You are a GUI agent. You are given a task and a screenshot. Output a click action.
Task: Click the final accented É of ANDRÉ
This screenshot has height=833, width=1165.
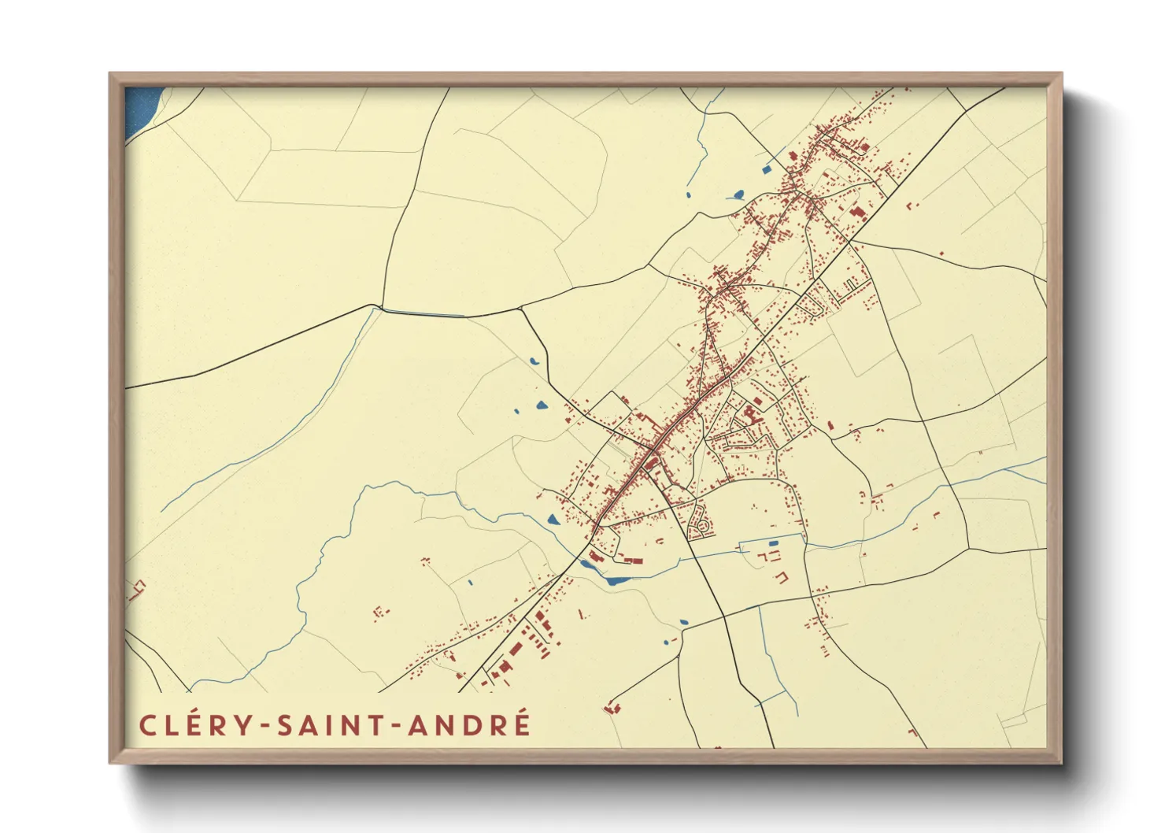pyautogui.click(x=521, y=724)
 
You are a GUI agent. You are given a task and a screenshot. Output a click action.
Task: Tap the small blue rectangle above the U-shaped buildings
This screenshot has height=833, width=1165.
pyautogui.click(x=773, y=543)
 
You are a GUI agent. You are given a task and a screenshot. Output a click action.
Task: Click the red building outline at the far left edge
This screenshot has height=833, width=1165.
pyautogui.click(x=137, y=588)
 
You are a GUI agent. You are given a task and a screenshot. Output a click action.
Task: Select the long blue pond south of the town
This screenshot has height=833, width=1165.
pyautogui.click(x=617, y=581)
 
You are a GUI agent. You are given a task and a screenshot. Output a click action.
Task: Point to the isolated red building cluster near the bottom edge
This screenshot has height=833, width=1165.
pyautogui.click(x=612, y=706)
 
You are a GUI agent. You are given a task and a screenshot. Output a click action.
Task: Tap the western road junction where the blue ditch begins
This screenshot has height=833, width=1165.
pyautogui.click(x=382, y=307)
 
